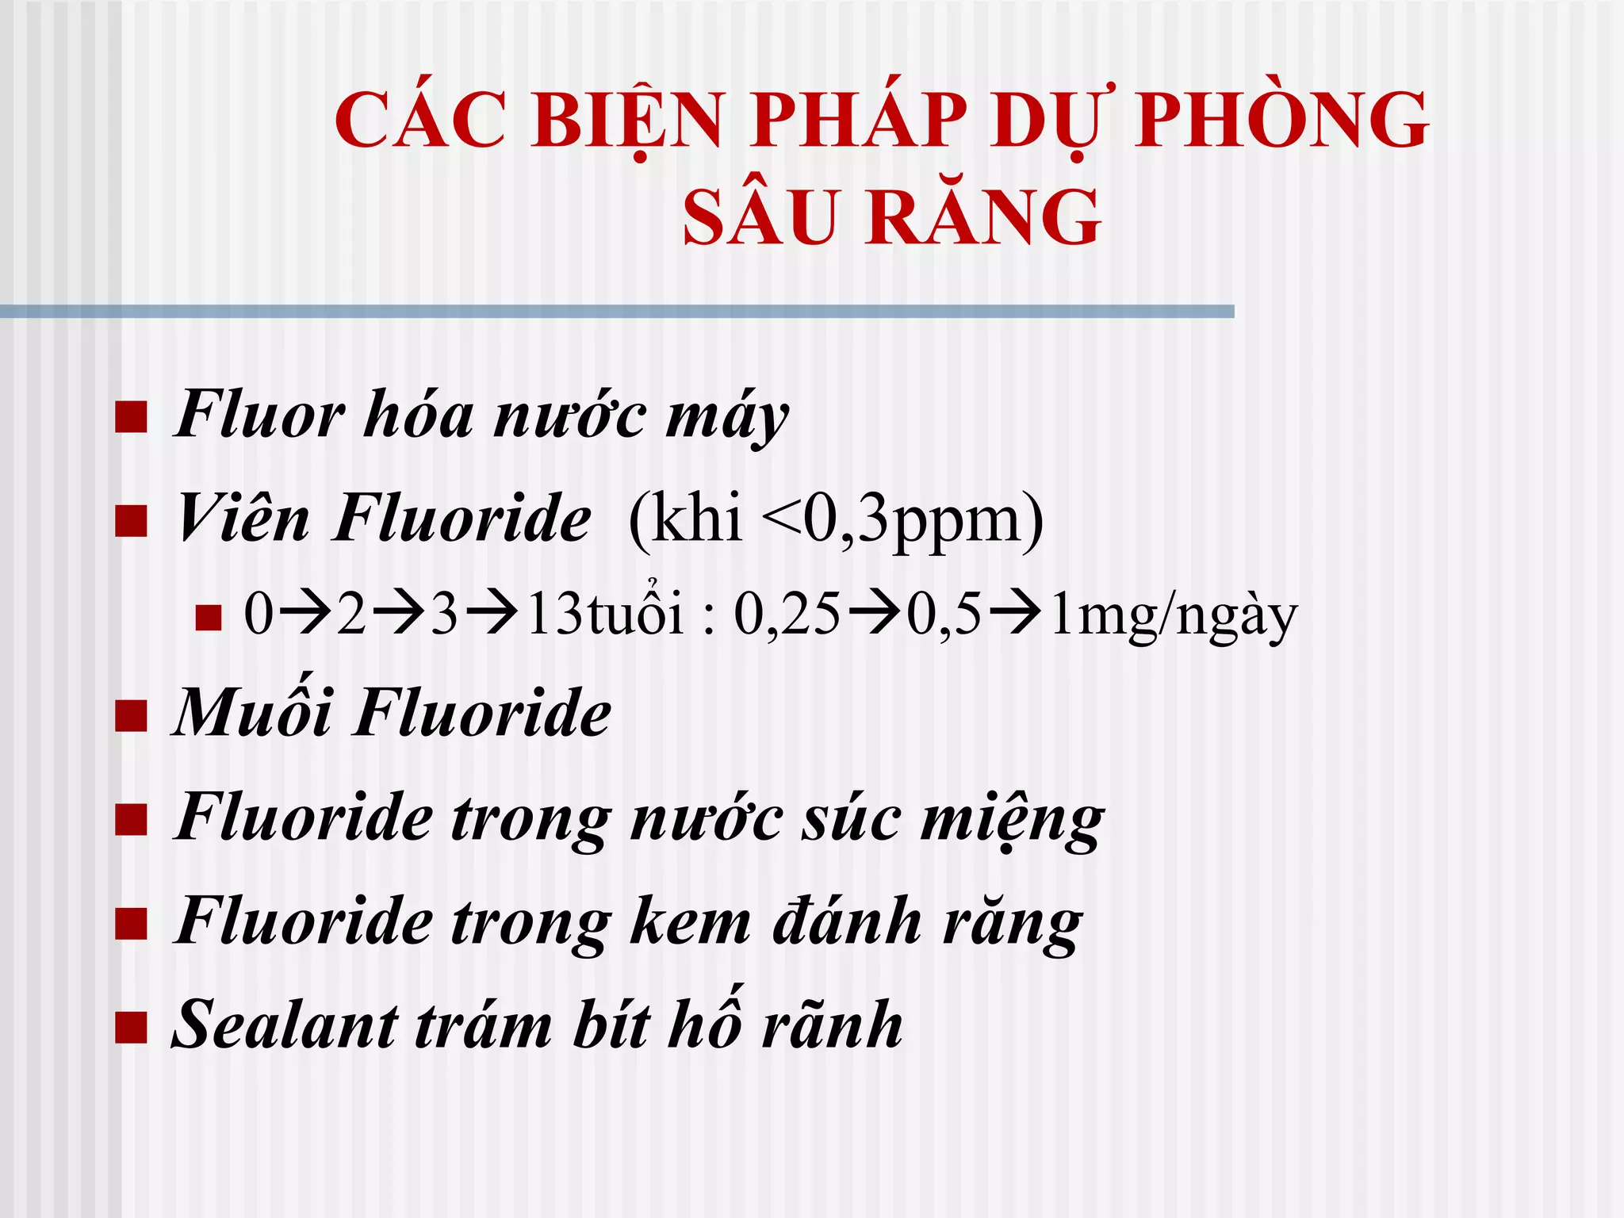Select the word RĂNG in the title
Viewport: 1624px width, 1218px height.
point(984,216)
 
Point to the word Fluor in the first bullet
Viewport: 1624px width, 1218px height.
point(259,415)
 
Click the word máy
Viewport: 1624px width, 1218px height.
point(726,419)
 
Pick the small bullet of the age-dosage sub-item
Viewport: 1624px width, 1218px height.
point(208,617)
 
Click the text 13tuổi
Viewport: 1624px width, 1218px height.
point(604,614)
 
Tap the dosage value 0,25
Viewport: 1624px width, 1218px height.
point(786,615)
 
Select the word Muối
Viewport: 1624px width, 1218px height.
point(252,712)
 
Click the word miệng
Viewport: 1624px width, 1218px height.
point(1012,820)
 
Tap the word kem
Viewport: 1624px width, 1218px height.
point(689,922)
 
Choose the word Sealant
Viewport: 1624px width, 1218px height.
point(284,1025)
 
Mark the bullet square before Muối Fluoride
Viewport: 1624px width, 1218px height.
point(131,715)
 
